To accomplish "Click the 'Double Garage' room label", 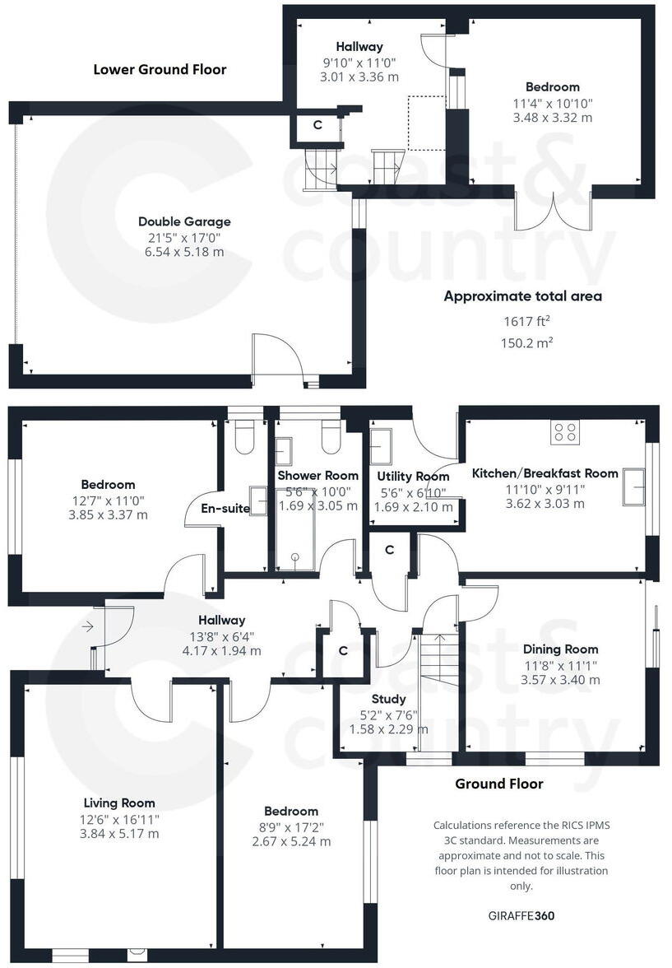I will pos(184,221).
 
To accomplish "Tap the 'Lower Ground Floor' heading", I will pos(160,69).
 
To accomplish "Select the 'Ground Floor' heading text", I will pos(498,784).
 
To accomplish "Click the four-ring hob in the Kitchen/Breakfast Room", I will pos(564,432).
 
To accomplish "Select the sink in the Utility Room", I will pos(382,447).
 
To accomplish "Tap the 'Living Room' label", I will pos(119,803).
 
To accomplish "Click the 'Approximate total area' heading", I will pos(522,296).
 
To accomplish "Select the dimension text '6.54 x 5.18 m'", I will pos(184,252).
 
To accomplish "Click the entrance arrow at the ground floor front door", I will pos(88,627).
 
